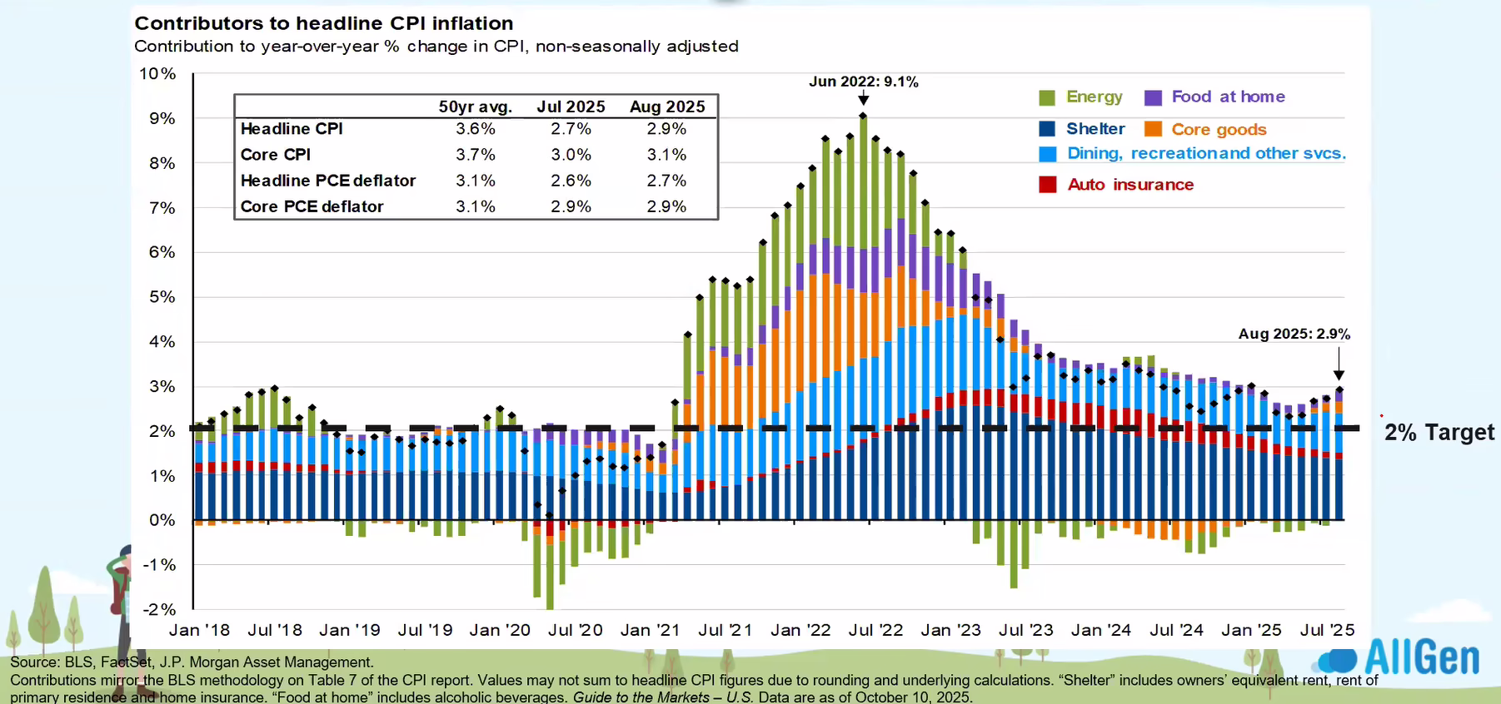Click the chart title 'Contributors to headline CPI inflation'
click(x=324, y=23)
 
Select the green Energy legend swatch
click(x=1047, y=98)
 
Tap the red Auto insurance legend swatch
click(x=1047, y=185)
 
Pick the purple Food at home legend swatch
click(x=1153, y=98)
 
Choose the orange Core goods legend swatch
click(x=1153, y=129)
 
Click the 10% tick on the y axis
click(x=157, y=74)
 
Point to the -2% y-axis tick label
click(x=159, y=609)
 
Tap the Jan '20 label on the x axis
click(x=500, y=630)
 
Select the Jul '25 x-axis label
click(x=1327, y=630)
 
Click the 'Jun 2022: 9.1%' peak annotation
click(x=863, y=82)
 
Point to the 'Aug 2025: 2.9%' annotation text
click(x=1294, y=334)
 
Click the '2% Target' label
click(x=1439, y=433)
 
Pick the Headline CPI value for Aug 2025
click(x=666, y=129)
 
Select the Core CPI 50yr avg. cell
click(x=475, y=155)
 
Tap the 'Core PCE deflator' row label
click(x=312, y=206)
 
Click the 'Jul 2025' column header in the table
click(x=571, y=107)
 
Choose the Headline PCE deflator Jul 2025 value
click(x=571, y=181)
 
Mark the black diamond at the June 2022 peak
click(x=863, y=116)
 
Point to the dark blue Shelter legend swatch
click(x=1047, y=129)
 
